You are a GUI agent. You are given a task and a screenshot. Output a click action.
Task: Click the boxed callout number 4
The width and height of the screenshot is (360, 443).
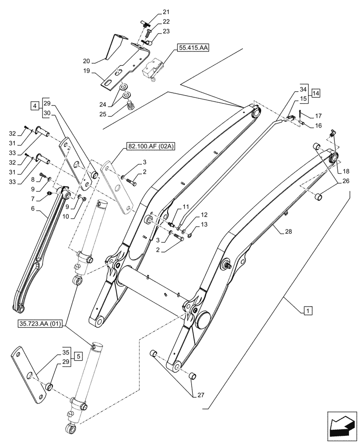pyautogui.click(x=34, y=106)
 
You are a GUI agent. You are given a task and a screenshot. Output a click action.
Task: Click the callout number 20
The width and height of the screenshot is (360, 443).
pyautogui.click(x=86, y=61)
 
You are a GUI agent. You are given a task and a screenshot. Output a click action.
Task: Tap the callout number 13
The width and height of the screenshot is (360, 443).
pyautogui.click(x=204, y=225)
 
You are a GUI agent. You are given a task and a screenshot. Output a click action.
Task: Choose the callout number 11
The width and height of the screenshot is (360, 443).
pyautogui.click(x=185, y=206)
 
